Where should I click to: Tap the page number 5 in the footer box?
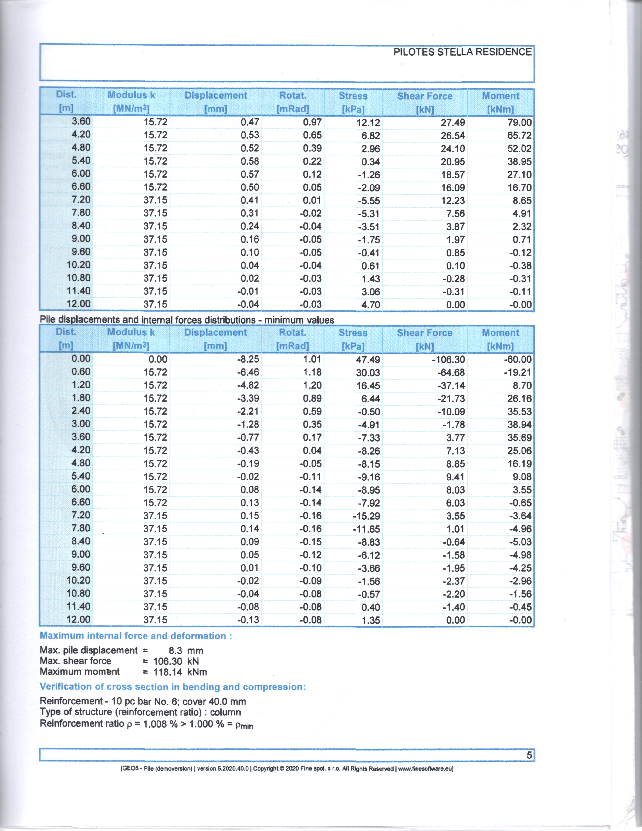click(x=529, y=755)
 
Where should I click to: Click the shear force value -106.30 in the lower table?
click(x=448, y=360)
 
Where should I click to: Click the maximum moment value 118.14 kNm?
click(x=180, y=672)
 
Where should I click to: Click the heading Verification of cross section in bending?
click(x=173, y=687)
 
